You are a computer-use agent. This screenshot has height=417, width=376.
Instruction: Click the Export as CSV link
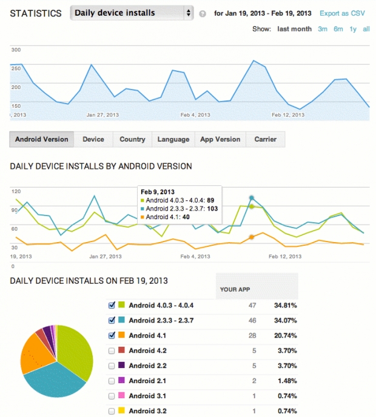point(342,13)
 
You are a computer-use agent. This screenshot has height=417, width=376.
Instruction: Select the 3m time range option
point(323,29)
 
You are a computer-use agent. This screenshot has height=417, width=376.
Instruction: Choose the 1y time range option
point(353,29)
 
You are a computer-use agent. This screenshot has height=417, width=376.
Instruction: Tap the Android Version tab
point(42,139)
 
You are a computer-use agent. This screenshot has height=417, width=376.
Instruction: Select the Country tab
point(132,139)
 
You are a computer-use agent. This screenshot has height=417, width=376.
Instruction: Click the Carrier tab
point(265,139)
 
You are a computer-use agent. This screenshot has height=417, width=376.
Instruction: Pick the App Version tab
point(220,139)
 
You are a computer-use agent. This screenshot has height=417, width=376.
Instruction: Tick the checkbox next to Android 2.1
point(111,381)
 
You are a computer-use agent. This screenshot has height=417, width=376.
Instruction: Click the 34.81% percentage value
point(285,306)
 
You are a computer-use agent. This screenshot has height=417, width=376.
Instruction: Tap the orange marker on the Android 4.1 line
point(252,237)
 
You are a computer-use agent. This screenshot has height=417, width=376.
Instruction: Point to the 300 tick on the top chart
point(16,50)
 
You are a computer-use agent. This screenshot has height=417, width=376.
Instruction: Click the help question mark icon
point(203,13)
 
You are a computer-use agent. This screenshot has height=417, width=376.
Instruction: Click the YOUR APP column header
point(236,289)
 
